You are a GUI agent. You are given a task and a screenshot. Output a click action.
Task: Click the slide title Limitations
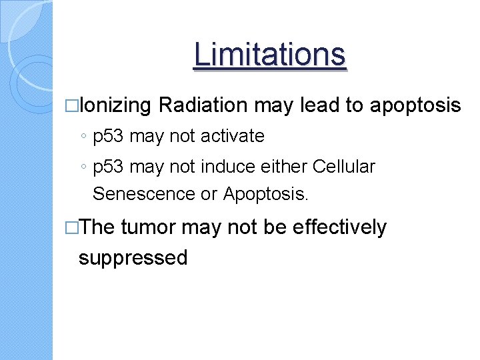(269, 55)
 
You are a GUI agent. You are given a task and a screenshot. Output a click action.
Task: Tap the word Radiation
(204, 105)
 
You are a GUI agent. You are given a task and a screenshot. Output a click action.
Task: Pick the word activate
(231, 137)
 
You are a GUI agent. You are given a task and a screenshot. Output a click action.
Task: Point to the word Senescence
(144, 194)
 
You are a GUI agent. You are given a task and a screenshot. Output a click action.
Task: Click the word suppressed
(133, 257)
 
